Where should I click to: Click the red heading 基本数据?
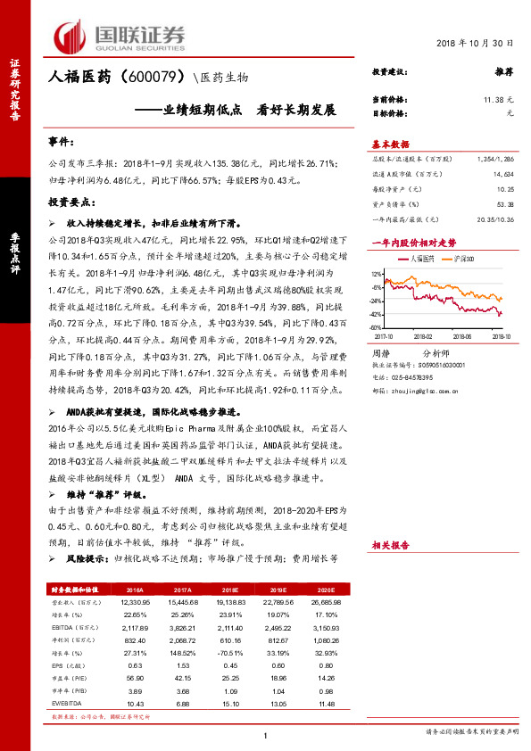point(390,144)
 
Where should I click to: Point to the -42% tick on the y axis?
point(377,314)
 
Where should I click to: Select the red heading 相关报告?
point(390,543)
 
